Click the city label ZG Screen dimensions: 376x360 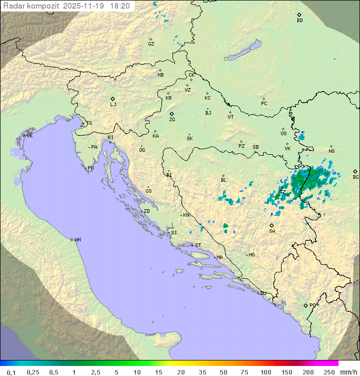point(172,120)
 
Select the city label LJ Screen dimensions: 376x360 point(113,104)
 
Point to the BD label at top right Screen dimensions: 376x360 point(299,21)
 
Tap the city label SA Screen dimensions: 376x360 point(272,231)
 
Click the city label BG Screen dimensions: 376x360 point(355,177)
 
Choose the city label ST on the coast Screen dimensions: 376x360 point(198,245)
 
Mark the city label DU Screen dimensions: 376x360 point(263,293)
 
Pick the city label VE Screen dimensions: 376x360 point(29,136)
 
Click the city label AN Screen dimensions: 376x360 point(77,240)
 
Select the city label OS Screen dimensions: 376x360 point(283,134)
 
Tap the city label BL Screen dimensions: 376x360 point(223,180)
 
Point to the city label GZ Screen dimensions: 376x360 point(151,44)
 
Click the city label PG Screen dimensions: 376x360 point(313,305)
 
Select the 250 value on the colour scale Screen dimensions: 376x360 point(329,372)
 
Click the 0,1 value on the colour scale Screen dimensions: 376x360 point(11,372)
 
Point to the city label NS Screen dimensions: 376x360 point(331,151)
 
